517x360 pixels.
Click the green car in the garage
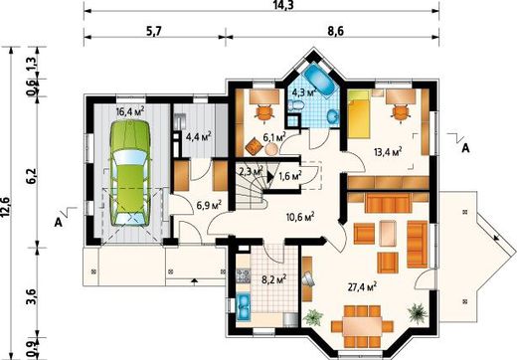pyautogui.click(x=130, y=173)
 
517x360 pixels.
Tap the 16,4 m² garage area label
pyautogui.click(x=130, y=111)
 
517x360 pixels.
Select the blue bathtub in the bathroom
pyautogui.click(x=320, y=80)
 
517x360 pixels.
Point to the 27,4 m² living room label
pyautogui.click(x=362, y=286)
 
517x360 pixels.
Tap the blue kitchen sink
pyautogui.click(x=244, y=306)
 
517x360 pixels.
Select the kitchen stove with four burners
pyautogui.click(x=243, y=275)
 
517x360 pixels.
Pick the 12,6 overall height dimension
pyautogui.click(x=6, y=211)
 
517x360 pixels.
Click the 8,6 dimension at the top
pyautogui.click(x=335, y=31)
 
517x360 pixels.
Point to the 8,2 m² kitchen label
pyautogui.click(x=274, y=279)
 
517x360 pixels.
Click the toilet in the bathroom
pyautogui.click(x=296, y=105)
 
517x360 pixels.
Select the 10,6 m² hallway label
pyautogui.click(x=300, y=217)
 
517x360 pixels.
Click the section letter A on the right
pyautogui.click(x=465, y=149)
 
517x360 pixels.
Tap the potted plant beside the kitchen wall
pyautogui.click(x=313, y=317)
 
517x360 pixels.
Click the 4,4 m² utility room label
pyautogui.click(x=199, y=136)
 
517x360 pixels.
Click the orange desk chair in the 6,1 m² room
pyautogui.click(x=264, y=112)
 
